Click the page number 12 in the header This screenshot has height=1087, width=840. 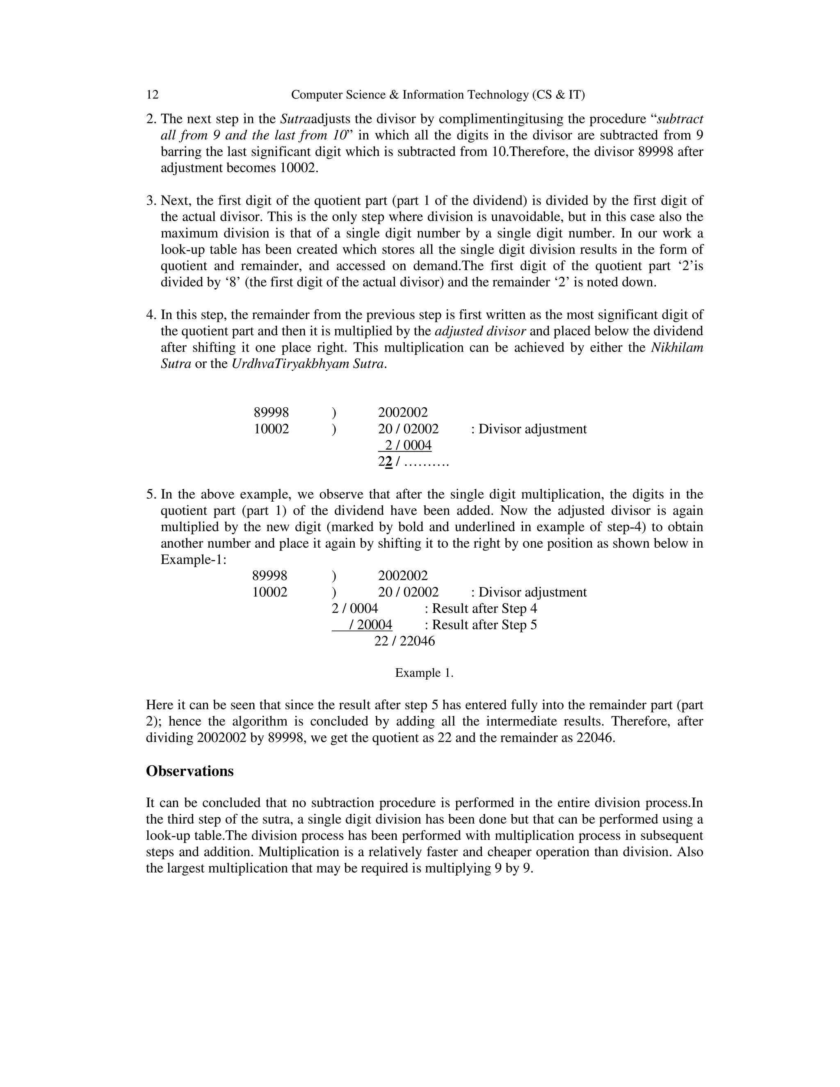pos(152,95)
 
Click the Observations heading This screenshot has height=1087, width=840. pos(189,771)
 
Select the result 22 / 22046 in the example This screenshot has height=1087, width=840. pos(404,641)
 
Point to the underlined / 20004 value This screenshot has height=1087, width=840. pos(370,625)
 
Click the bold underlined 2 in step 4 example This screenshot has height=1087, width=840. pos(389,462)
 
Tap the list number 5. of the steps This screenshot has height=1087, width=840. pos(151,494)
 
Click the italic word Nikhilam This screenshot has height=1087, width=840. pos(677,347)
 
